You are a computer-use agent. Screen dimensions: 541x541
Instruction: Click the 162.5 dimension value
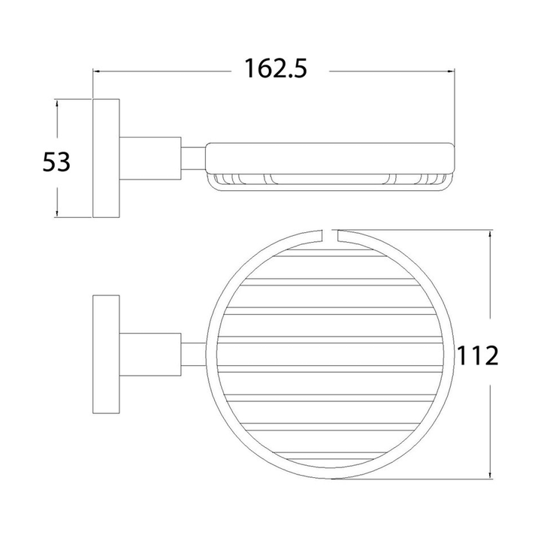276,68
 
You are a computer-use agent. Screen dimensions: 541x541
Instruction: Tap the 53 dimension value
56,162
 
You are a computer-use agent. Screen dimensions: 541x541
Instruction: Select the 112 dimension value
478,355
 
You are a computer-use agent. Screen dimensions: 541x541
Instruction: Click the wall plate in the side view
106,159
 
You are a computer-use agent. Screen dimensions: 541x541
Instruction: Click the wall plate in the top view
106,354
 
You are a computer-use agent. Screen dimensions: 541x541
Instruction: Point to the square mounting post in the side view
150,159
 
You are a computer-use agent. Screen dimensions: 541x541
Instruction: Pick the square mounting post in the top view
150,355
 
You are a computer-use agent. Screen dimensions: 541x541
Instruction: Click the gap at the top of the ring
331,235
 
